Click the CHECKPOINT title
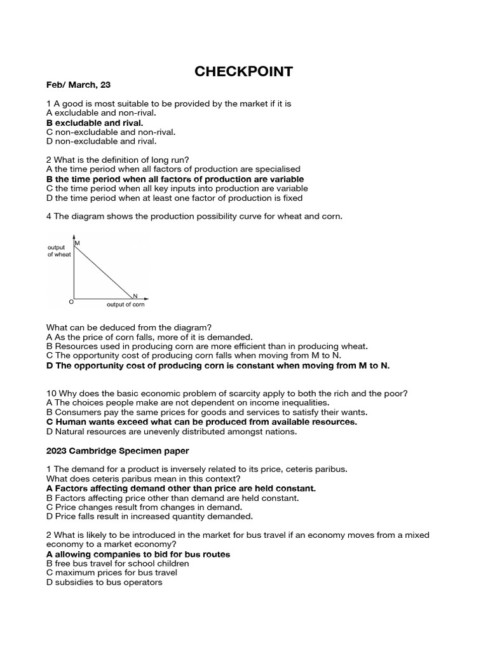[243, 72]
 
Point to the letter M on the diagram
[78, 243]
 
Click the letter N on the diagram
[135, 296]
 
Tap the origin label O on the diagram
[71, 301]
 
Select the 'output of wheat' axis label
[59, 250]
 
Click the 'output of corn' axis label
[126, 305]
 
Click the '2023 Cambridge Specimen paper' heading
[117, 451]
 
